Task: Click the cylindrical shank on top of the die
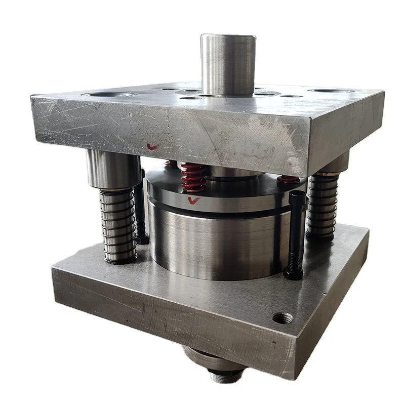[228, 63]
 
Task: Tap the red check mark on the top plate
[151, 146]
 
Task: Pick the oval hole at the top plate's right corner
[331, 91]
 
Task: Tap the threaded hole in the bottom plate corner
[282, 318]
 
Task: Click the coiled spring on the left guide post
[118, 225]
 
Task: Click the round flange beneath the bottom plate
[213, 360]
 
